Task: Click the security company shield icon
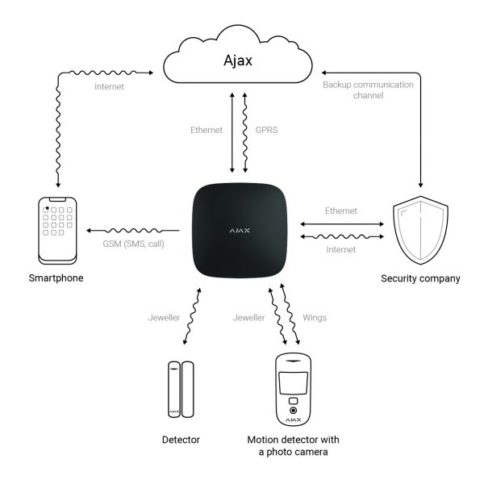(419, 229)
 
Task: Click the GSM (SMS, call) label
(132, 243)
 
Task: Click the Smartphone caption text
(55, 278)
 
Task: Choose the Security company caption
(420, 278)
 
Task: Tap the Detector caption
(181, 440)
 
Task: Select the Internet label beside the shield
(340, 249)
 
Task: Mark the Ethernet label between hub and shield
(340, 211)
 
